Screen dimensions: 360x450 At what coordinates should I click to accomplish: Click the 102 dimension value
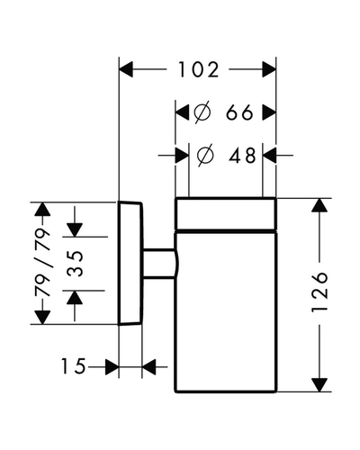pos(199,69)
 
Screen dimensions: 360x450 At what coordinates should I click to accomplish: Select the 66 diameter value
pos(239,112)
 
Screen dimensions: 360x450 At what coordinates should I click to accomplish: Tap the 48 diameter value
pos(242,156)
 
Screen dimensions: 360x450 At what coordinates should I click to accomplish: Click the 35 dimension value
pos(75,264)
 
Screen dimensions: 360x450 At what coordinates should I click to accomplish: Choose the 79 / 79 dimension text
pos(42,263)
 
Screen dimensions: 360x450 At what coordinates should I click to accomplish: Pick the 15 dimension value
pos(73,366)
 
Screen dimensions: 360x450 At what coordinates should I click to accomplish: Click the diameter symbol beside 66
pos(202,112)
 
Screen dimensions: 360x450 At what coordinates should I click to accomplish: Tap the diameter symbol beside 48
pos(205,156)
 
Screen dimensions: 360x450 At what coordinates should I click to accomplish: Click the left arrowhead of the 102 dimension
pos(126,69)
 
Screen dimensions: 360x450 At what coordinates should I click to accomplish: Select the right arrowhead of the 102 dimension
pos(269,69)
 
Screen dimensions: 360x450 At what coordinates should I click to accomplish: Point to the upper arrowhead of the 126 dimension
pos(319,205)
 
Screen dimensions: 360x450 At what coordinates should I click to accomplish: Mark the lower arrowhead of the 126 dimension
pos(319,385)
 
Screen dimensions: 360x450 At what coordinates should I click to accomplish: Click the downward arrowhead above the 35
pos(75,230)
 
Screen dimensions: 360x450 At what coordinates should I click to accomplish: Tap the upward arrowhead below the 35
pos(75,298)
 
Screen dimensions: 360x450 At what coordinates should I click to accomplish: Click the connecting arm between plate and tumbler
pos(160,264)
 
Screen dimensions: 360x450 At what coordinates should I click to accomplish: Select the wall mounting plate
pos(130,263)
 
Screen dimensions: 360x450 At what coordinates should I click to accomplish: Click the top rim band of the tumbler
pos(225,213)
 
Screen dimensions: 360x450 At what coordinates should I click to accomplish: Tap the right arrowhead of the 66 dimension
pos(269,112)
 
